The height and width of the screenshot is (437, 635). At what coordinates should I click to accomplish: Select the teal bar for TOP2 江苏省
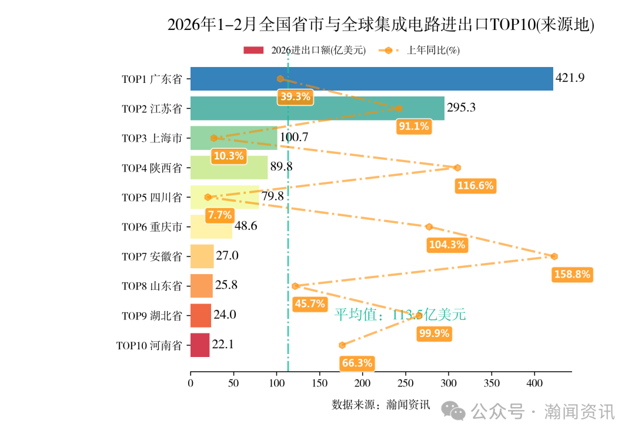click(x=317, y=108)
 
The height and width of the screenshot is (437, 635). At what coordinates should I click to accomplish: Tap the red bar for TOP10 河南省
click(x=200, y=345)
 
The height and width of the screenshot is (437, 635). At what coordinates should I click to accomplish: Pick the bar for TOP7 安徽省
click(x=202, y=256)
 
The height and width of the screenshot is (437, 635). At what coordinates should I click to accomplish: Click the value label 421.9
click(x=570, y=78)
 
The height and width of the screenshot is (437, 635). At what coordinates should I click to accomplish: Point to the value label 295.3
click(x=461, y=108)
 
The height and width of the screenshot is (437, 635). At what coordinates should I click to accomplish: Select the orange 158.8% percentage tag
click(x=572, y=275)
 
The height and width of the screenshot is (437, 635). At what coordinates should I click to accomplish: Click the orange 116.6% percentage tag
click(x=475, y=186)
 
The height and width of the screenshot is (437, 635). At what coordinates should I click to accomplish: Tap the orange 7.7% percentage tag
click(x=219, y=215)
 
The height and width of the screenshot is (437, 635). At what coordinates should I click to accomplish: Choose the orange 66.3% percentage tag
click(x=357, y=363)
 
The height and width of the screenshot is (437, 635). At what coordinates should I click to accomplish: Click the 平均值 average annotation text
click(x=400, y=315)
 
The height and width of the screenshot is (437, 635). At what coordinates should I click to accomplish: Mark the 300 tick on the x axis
click(x=449, y=383)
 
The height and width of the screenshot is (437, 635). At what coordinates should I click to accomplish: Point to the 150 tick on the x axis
click(x=319, y=383)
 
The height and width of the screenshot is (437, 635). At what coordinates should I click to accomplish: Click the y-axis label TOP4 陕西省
click(x=152, y=168)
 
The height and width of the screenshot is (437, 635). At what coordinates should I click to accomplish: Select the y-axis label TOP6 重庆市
click(x=152, y=227)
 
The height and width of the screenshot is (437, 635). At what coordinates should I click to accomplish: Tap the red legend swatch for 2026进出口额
click(x=255, y=51)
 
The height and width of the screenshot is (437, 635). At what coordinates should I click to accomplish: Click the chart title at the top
click(x=380, y=25)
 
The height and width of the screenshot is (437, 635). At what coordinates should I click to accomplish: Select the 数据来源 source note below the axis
click(x=380, y=405)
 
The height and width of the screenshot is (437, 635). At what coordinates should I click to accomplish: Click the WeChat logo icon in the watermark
click(x=453, y=411)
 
